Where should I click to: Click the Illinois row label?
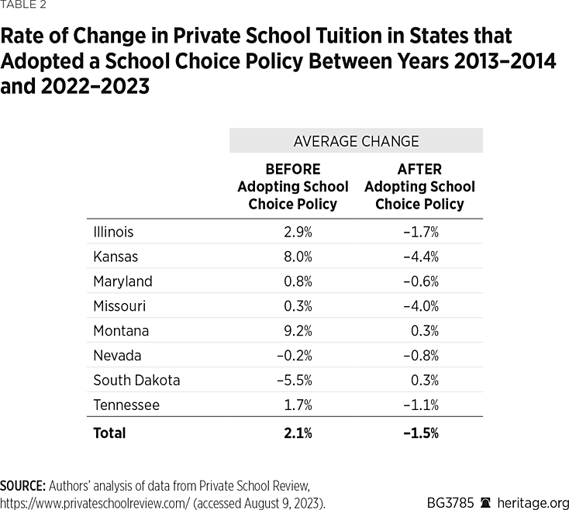[113, 232]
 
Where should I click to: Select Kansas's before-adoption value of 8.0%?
[297, 257]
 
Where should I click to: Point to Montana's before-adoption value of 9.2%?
[297, 331]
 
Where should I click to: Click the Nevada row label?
[117, 356]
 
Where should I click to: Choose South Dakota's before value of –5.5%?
[295, 381]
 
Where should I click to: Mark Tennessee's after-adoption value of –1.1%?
[421, 405]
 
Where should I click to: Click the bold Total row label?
[109, 433]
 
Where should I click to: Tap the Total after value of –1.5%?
[421, 433]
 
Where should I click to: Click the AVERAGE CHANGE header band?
[356, 141]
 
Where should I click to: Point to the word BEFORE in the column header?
[292, 169]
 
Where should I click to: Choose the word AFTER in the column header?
[419, 169]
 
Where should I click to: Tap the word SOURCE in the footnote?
[22, 486]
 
